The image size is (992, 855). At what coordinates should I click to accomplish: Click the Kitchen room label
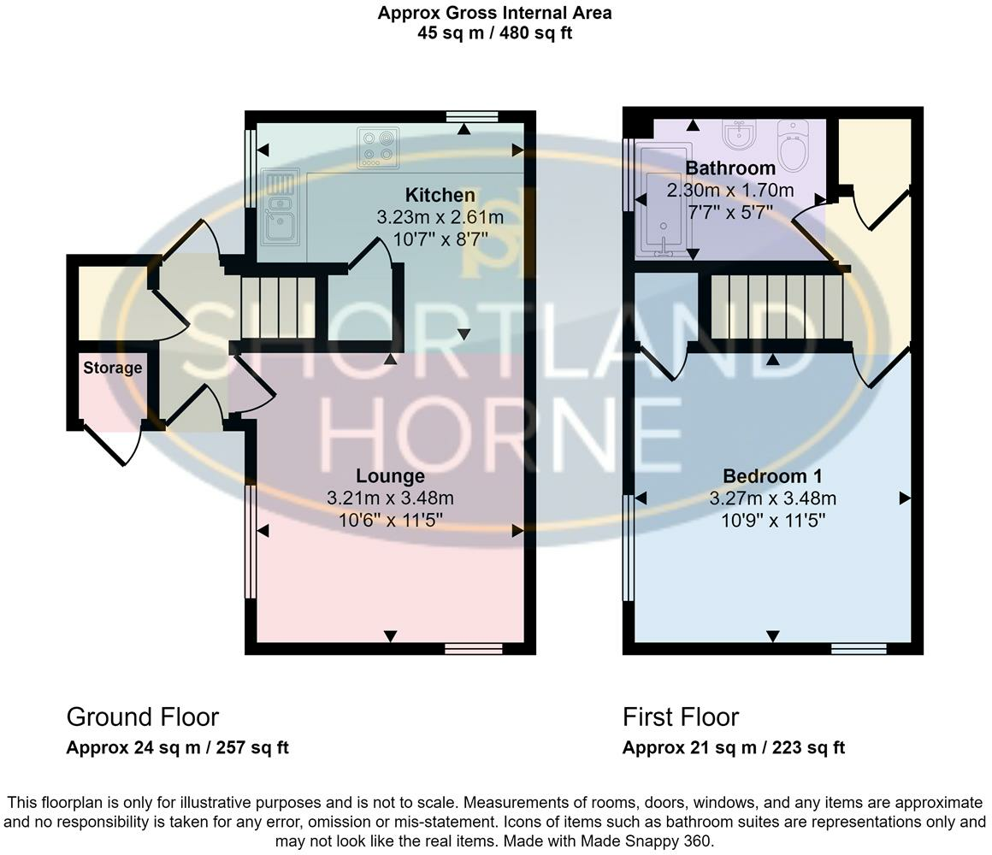tap(440, 195)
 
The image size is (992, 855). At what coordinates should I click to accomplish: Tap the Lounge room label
tap(390, 475)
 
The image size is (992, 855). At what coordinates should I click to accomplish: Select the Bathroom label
tap(730, 168)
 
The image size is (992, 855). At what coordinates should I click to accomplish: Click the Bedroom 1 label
tap(772, 475)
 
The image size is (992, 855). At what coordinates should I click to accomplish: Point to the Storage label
tap(113, 368)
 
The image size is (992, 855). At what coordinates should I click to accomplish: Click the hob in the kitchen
tap(378, 148)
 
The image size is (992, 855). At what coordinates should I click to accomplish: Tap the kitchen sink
tap(279, 215)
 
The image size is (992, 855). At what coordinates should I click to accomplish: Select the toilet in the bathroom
tap(792, 145)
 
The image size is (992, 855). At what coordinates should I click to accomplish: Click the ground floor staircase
tap(279, 307)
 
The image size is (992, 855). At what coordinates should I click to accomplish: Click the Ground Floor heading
tap(142, 717)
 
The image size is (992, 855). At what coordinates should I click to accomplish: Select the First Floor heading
tap(680, 717)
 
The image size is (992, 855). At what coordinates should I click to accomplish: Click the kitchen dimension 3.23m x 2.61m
tap(440, 217)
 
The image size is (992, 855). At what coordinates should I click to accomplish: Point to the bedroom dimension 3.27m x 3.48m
tap(772, 498)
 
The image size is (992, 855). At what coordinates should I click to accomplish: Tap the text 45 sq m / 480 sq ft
tap(495, 32)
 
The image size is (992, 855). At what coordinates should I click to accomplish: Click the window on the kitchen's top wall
tap(472, 116)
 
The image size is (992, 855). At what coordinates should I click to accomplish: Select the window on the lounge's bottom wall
tap(473, 649)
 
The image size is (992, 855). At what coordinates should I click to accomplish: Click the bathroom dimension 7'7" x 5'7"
tap(730, 212)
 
